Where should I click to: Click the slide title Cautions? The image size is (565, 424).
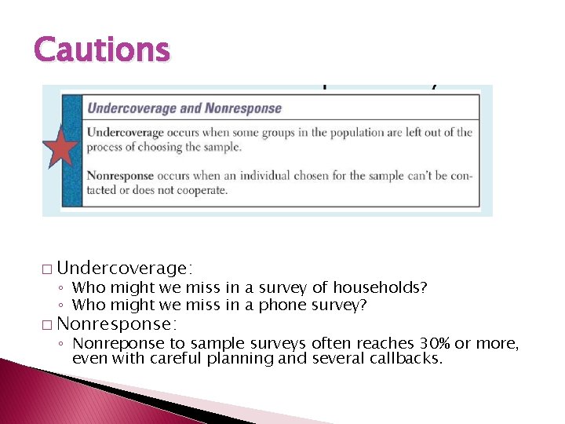pyautogui.click(x=101, y=49)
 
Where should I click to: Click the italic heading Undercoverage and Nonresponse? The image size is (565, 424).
pyautogui.click(x=184, y=108)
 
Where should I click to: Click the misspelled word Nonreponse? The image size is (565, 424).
pyautogui.click(x=113, y=343)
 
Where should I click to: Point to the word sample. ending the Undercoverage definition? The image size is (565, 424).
pyautogui.click(x=224, y=147)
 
